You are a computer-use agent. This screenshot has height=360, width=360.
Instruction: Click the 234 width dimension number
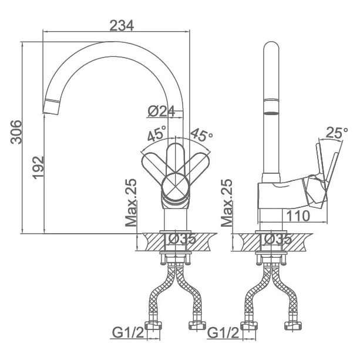pyautogui.click(x=122, y=25)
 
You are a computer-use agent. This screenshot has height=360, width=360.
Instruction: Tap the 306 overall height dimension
pyautogui.click(x=16, y=132)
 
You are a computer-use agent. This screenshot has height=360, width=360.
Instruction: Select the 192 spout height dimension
pyautogui.click(x=38, y=167)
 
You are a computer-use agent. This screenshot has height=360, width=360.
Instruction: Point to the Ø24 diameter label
pyautogui.click(x=161, y=111)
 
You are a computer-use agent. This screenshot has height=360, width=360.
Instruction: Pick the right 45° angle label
pyautogui.click(x=201, y=134)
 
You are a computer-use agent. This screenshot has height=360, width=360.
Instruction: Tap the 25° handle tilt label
pyautogui.click(x=337, y=132)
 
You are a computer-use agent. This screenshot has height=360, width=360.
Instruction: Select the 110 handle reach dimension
pyautogui.click(x=298, y=216)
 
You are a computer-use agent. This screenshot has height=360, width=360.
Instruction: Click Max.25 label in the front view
pyautogui.click(x=131, y=203)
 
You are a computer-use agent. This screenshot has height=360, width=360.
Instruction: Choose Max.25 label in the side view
pyautogui.click(x=227, y=203)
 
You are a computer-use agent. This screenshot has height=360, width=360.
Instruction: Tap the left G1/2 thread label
pyautogui.click(x=128, y=333)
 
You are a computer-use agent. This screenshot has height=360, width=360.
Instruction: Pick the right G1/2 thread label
pyautogui.click(x=223, y=333)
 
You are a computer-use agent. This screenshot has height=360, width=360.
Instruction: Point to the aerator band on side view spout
pyautogui.click(x=271, y=106)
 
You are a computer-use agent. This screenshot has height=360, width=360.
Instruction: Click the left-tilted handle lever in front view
pyautogui.click(x=156, y=165)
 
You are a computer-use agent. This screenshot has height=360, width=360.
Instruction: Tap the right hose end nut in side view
pyautogui.click(x=293, y=325)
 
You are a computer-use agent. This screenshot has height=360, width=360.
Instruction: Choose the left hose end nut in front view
pyautogui.click(x=153, y=325)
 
